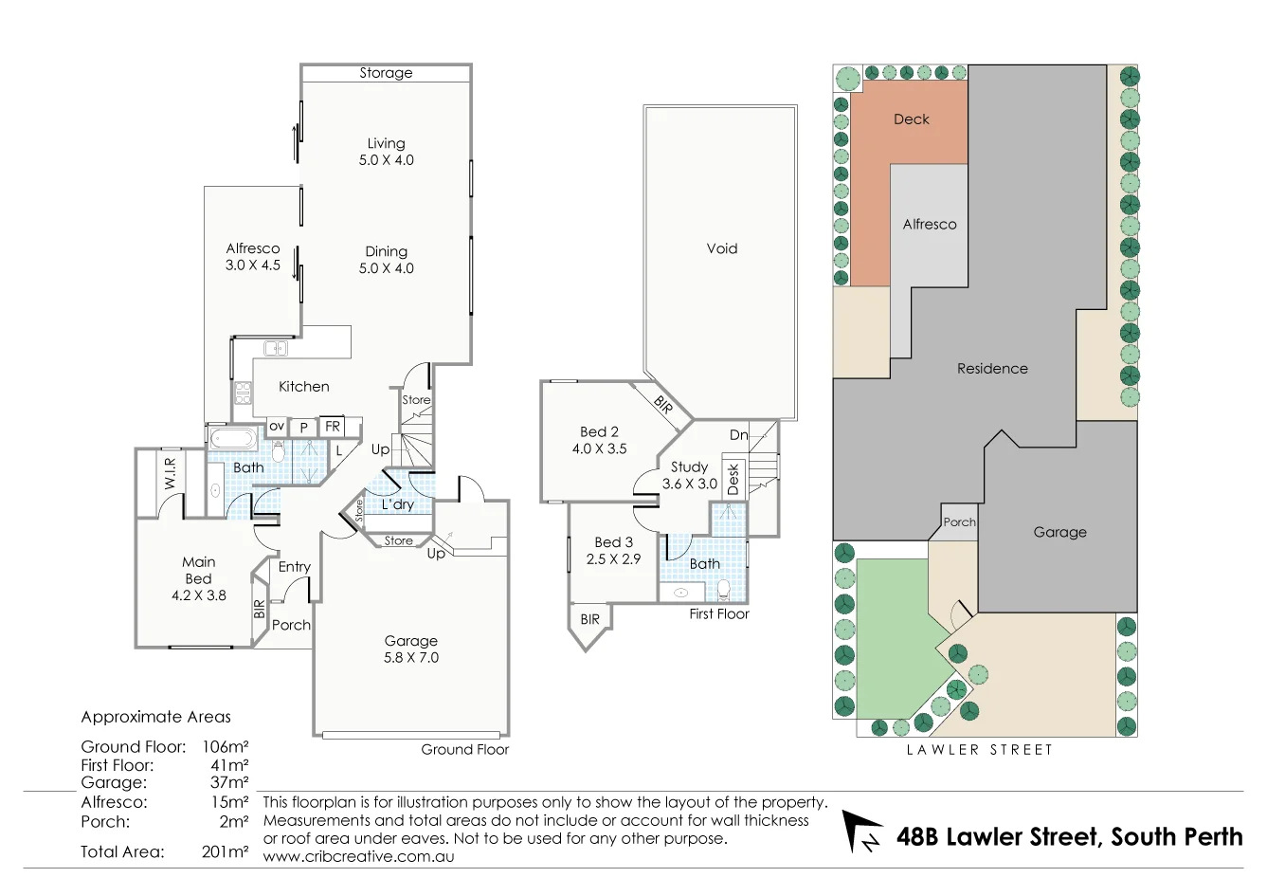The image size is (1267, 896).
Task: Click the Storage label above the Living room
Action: pyautogui.click(x=386, y=73)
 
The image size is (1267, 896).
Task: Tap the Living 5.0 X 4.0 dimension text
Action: pyautogui.click(x=386, y=160)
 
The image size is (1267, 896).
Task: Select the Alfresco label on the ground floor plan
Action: pyautogui.click(x=252, y=248)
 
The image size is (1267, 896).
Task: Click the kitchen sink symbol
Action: pyautogui.click(x=275, y=348)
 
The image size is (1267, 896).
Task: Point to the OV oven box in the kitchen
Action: pyautogui.click(x=277, y=427)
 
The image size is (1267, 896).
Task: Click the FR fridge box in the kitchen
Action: pyautogui.click(x=332, y=427)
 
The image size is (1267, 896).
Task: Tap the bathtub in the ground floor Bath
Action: pyautogui.click(x=232, y=439)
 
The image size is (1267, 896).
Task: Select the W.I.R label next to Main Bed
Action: pyautogui.click(x=171, y=474)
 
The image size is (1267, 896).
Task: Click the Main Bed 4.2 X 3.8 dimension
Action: pyautogui.click(x=199, y=595)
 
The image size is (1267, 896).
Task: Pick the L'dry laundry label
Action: pyautogui.click(x=397, y=504)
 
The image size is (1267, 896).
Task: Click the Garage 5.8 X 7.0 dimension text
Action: pyautogui.click(x=410, y=657)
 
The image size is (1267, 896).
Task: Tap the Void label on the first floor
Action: pyautogui.click(x=721, y=248)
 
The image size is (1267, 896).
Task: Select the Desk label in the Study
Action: pyautogui.click(x=733, y=479)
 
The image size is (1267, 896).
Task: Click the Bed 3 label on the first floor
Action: pyautogui.click(x=613, y=542)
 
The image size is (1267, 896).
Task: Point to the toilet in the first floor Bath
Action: pyautogui.click(x=724, y=592)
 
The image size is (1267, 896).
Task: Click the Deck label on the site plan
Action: pyautogui.click(x=911, y=119)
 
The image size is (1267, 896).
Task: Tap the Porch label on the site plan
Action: pyautogui.click(x=959, y=522)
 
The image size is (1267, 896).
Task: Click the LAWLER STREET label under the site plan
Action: pyautogui.click(x=979, y=750)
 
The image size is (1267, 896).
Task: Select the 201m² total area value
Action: pyautogui.click(x=225, y=851)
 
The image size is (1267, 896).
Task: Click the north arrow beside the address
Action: pyautogui.click(x=862, y=832)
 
